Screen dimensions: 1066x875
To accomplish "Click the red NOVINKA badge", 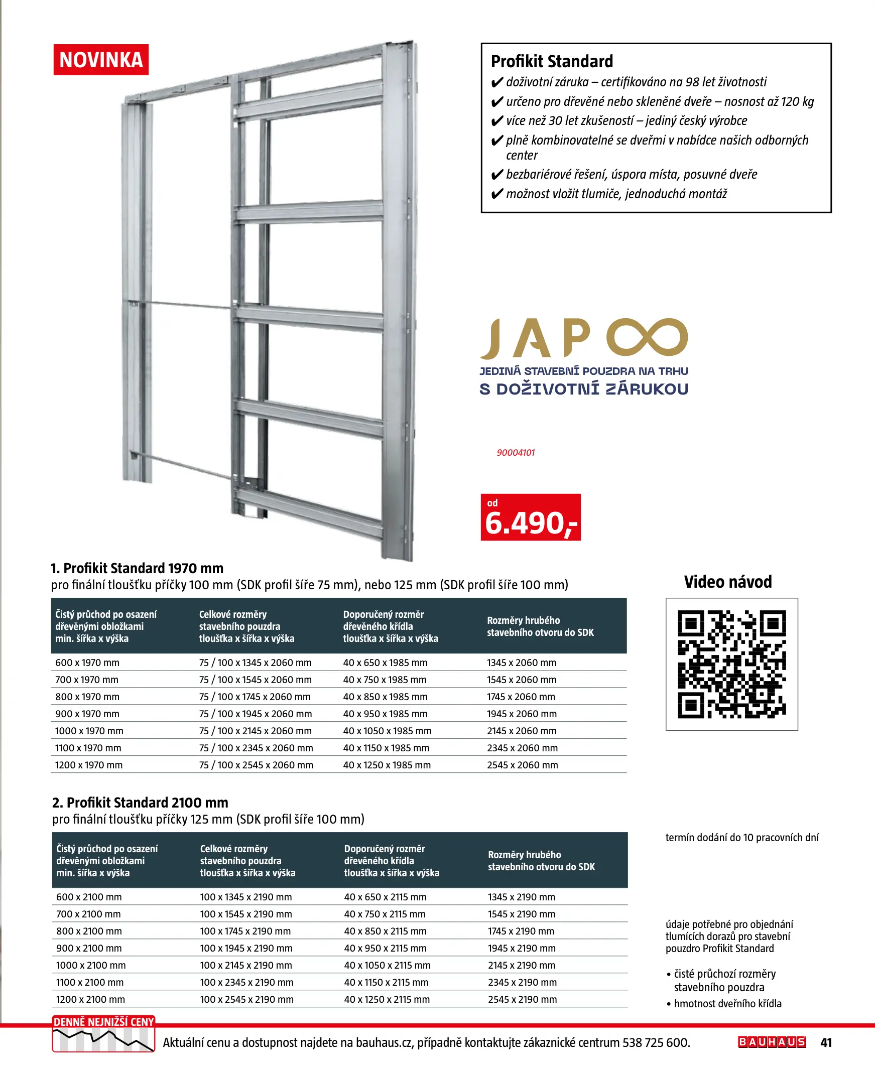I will [101, 60].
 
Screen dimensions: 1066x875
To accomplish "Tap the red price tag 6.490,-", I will [530, 517].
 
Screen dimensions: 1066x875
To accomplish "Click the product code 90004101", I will [516, 452].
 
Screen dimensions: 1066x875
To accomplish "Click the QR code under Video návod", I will [731, 664].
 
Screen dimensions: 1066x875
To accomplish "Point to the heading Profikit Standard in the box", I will [552, 61].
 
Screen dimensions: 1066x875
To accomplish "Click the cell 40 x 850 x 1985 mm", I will [385, 697].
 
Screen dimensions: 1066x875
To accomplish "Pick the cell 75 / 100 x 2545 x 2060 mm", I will [256, 765].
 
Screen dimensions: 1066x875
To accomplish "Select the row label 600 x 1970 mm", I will [87, 662].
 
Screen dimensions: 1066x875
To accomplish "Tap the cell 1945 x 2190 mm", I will [522, 948].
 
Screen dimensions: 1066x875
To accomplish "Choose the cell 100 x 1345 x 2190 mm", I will [246, 897].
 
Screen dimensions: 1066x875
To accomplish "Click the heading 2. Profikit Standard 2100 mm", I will [140, 803].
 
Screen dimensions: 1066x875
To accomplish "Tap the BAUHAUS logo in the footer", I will [772, 1042].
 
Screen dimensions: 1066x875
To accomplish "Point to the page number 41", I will [826, 1042].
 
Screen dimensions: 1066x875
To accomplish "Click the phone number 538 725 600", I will [656, 1042].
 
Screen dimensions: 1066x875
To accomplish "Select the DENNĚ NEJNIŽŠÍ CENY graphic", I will [103, 1034].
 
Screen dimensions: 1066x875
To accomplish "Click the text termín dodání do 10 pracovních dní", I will [742, 837].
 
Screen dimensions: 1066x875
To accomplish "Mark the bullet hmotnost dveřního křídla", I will [727, 1004].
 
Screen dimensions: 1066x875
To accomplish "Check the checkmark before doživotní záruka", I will [497, 83].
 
